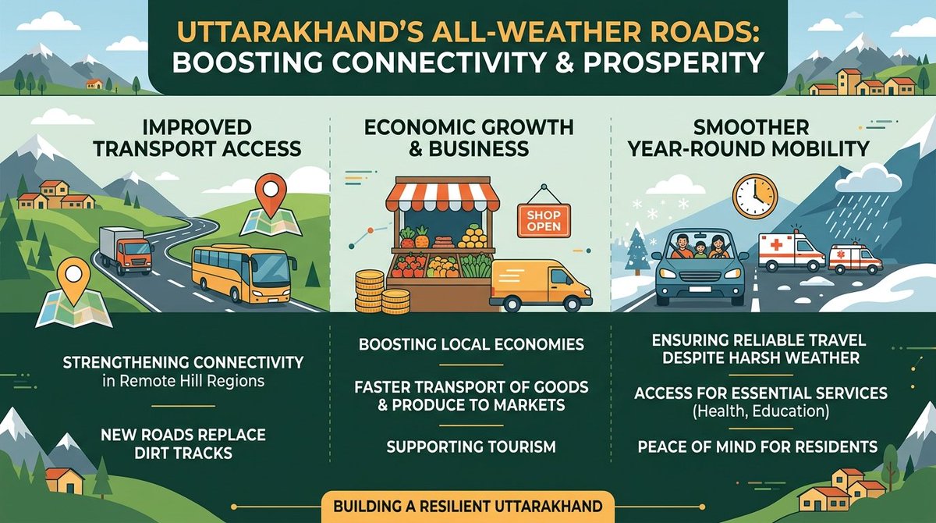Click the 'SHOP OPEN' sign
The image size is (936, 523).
point(543,221)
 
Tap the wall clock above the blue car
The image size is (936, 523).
point(754,196)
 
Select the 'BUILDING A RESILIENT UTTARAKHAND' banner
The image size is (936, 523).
point(468,507)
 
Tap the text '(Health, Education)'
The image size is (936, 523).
point(750,411)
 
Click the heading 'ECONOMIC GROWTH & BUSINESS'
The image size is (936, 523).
point(467,137)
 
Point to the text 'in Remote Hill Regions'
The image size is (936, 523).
point(183,382)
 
